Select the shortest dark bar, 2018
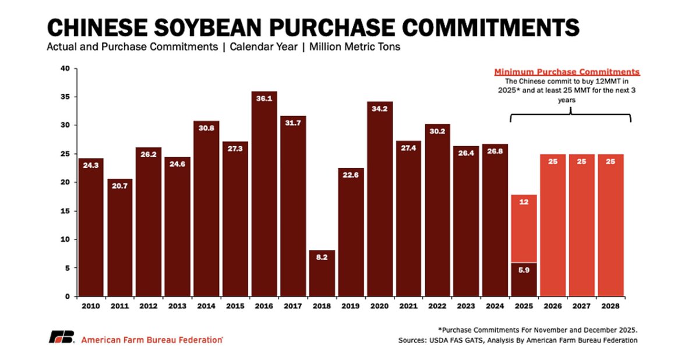(x=322, y=274)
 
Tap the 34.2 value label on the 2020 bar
(x=379, y=108)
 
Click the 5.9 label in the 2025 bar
(x=524, y=270)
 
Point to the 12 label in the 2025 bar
(x=524, y=202)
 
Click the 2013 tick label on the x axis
(x=177, y=306)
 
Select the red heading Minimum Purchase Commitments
(x=567, y=72)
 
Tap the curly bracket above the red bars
(x=570, y=115)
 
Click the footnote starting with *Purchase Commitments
(x=537, y=329)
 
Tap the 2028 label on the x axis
(x=610, y=306)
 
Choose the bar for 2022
(x=437, y=210)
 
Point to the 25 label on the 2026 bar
(x=553, y=161)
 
